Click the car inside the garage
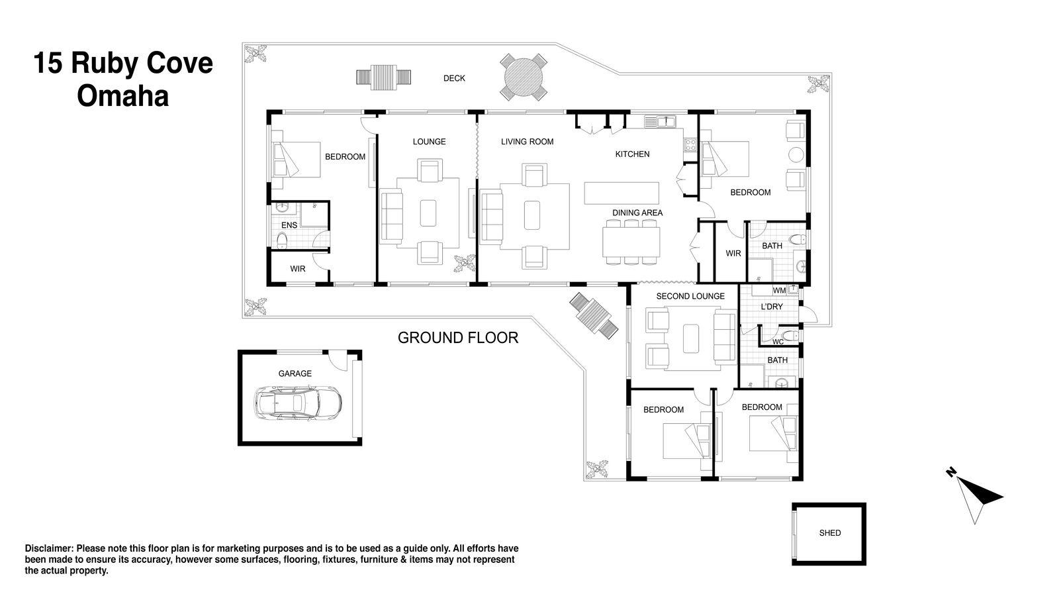coord(298,402)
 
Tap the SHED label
coord(829,533)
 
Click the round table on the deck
coord(523,78)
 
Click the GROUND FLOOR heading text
coord(457,338)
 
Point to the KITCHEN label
coord(632,154)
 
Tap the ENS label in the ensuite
coord(289,225)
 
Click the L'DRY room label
coord(772,307)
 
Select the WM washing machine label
coord(779,290)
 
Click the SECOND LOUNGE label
coord(690,296)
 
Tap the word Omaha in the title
coord(122,97)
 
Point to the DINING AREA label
coord(637,213)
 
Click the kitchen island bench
coord(622,193)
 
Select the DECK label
coord(454,78)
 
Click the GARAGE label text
coord(295,373)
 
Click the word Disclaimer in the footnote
coord(49,548)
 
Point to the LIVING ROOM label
coord(527,142)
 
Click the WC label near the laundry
coord(778,342)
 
